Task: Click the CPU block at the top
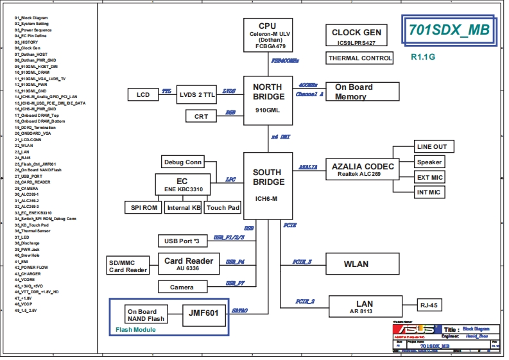tap(267, 35)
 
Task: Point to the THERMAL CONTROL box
tap(360, 58)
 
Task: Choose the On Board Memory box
tap(362, 92)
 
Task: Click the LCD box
tap(142, 95)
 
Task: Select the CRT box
tap(201, 116)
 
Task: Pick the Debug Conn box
tap(182, 162)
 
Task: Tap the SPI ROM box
tap(143, 207)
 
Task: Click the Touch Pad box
tap(223, 207)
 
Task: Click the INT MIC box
tap(429, 192)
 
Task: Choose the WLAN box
tap(356, 264)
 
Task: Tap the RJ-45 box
tap(428, 305)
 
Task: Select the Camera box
tap(182, 287)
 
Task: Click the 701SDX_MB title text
tap(449, 30)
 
